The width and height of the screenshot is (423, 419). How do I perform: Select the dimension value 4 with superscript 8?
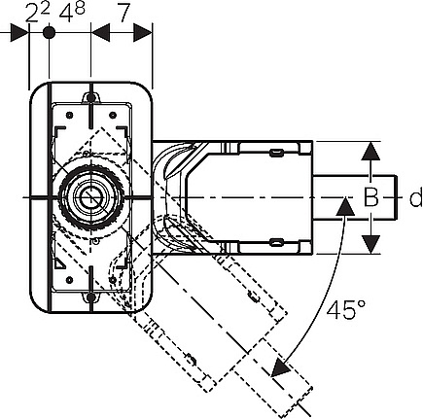coord(72,13)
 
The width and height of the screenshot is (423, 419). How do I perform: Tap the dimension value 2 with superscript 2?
coord(38,13)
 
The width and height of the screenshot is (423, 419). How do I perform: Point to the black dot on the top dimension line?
coord(49,33)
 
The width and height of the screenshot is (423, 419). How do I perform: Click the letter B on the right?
coord(371,197)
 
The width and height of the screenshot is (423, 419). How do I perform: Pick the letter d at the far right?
coord(416,197)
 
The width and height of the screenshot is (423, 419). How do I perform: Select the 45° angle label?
coord(345,310)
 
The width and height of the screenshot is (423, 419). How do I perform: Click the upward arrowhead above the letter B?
coord(370,151)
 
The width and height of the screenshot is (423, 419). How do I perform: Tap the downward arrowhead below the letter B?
coord(370,245)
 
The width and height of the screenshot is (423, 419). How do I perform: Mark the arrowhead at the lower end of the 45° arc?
coord(280,368)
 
